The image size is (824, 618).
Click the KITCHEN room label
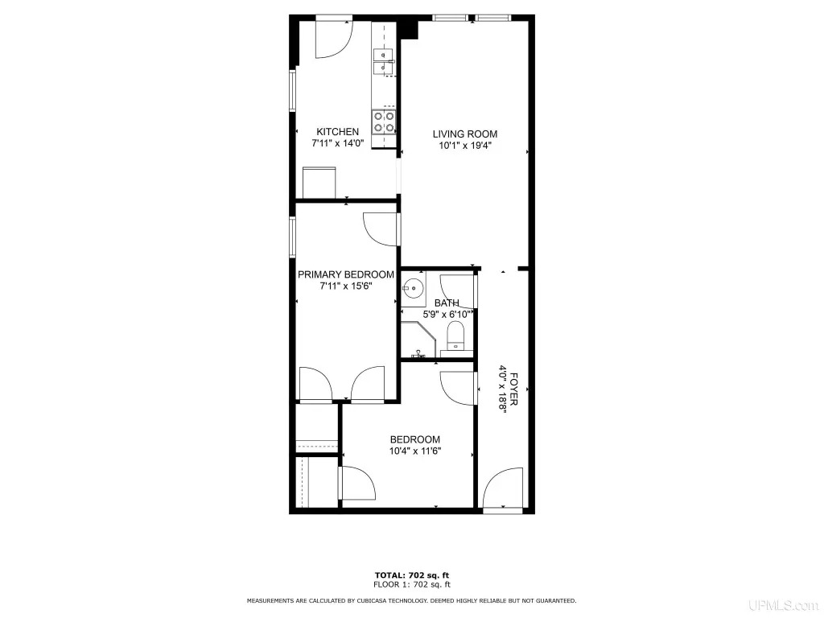[337, 132]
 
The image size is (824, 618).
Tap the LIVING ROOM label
[464, 134]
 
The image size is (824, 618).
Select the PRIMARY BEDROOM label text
[346, 274]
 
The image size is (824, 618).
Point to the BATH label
[447, 303]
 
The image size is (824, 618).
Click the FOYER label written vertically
[513, 389]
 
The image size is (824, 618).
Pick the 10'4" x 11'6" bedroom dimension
[415, 451]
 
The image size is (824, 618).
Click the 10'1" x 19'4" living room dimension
[465, 146]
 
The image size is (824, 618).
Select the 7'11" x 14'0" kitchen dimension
[338, 143]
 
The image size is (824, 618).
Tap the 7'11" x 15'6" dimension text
[346, 286]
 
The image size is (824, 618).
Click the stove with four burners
[384, 122]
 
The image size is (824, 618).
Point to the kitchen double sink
[383, 61]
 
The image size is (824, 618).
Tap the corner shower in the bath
[418, 340]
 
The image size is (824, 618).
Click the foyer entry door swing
[504, 488]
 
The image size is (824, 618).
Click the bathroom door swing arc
[458, 290]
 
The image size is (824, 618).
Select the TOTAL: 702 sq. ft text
[412, 575]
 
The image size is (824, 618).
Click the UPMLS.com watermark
[784, 605]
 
